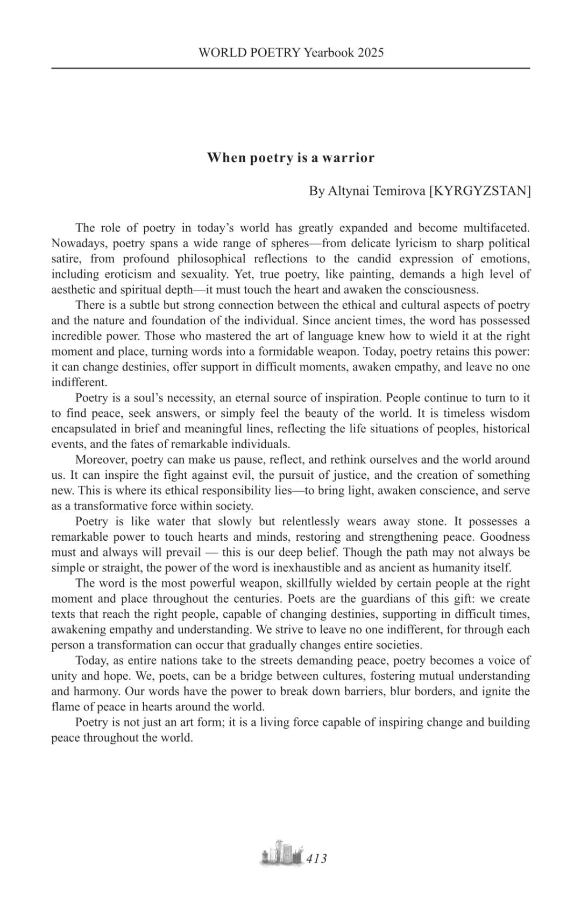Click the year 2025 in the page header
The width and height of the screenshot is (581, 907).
pyautogui.click(x=371, y=53)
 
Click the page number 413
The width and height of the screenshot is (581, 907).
pyautogui.click(x=316, y=859)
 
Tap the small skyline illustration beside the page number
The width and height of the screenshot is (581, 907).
pyautogui.click(x=281, y=854)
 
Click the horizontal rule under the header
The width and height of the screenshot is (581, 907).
pyautogui.click(x=290, y=68)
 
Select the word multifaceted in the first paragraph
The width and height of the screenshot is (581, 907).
pyautogui.click(x=497, y=228)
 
